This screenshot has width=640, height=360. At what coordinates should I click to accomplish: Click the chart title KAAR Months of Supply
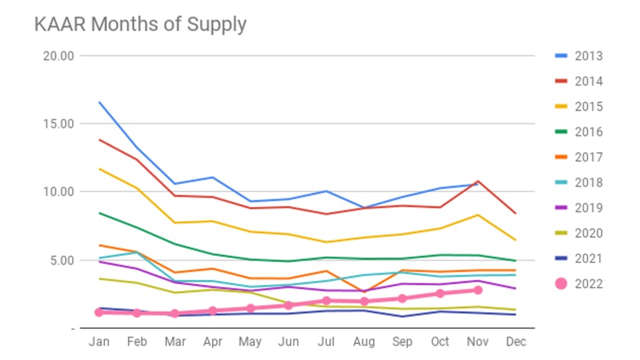(x=140, y=25)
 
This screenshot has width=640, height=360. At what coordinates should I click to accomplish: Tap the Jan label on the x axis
(x=99, y=341)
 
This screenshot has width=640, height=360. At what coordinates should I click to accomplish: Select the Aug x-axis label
(x=364, y=341)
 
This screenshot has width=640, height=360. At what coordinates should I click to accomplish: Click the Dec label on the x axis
(x=516, y=341)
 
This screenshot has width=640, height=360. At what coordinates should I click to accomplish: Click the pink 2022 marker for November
(x=478, y=290)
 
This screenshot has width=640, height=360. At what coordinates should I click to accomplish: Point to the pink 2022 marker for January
(x=99, y=312)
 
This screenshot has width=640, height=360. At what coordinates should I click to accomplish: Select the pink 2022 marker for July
(x=326, y=300)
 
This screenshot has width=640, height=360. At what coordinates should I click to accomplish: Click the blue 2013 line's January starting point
(x=99, y=102)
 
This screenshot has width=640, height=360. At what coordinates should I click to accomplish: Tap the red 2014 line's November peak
(x=478, y=181)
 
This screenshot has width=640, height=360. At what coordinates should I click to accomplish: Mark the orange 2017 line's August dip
(x=364, y=292)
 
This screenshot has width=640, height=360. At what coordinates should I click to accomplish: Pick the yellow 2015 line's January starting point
(x=99, y=168)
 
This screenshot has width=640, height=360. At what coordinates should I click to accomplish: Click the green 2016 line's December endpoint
(x=516, y=261)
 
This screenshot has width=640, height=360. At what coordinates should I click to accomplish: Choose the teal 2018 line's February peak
(x=136, y=252)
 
